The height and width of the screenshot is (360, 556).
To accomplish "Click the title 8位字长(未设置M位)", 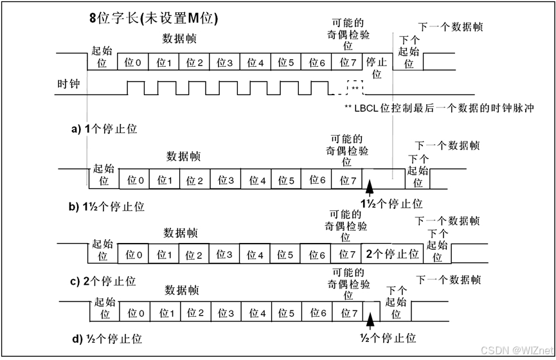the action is click(x=153, y=18).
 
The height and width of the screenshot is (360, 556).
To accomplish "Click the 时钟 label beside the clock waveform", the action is click(x=69, y=84).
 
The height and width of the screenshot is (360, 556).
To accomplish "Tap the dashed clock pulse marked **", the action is click(x=354, y=88).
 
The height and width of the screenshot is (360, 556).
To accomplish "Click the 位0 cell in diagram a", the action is click(x=134, y=62).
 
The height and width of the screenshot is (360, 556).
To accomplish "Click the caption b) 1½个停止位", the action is click(x=108, y=206).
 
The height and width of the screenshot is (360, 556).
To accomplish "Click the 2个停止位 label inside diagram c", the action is click(x=393, y=254).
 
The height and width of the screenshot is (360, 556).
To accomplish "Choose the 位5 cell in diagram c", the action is click(x=287, y=255).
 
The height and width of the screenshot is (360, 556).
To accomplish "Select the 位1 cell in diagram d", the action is click(x=166, y=313).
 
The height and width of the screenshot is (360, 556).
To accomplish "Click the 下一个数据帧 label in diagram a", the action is click(x=450, y=27).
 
